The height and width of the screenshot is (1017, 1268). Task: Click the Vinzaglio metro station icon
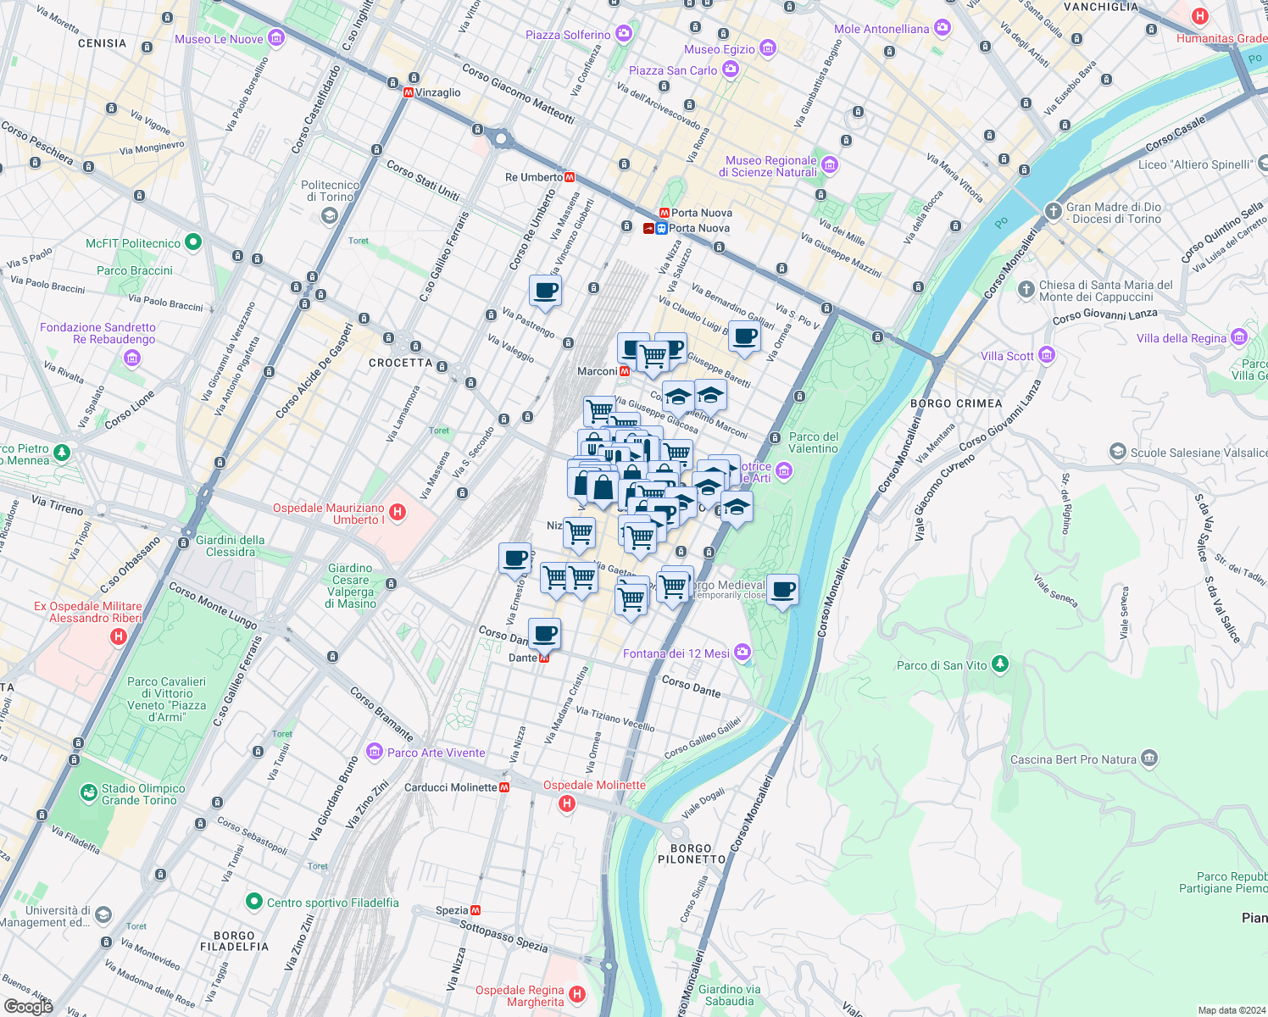pyautogui.click(x=409, y=92)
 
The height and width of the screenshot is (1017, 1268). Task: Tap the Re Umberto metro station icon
pyautogui.click(x=570, y=177)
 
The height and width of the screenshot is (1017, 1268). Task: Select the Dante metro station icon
pyautogui.click(x=544, y=658)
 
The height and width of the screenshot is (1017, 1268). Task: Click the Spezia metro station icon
pyautogui.click(x=475, y=910)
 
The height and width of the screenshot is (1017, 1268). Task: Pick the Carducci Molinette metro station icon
pyautogui.click(x=505, y=787)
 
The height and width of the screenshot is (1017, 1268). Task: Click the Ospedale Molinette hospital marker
pyautogui.click(x=567, y=803)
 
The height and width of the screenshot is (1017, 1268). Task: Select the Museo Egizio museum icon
pyautogui.click(x=767, y=48)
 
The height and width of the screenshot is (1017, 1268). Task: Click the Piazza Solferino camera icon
pyautogui.click(x=624, y=34)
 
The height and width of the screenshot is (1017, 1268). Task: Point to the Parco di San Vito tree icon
pyautogui.click(x=1000, y=664)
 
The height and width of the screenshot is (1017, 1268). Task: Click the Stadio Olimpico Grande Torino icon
pyautogui.click(x=89, y=792)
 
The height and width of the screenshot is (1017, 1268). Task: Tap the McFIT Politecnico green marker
pyautogui.click(x=193, y=242)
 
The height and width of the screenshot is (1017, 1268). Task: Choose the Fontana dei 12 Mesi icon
pyautogui.click(x=742, y=652)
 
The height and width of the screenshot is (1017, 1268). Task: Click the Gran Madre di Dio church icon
pyautogui.click(x=1053, y=212)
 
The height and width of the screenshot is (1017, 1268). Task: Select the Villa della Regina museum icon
pyautogui.click(x=1239, y=337)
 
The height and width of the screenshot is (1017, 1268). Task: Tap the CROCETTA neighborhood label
pyautogui.click(x=400, y=363)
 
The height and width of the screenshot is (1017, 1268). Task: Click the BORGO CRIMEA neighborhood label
pyautogui.click(x=956, y=403)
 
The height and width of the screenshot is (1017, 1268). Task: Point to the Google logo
pyautogui.click(x=29, y=1006)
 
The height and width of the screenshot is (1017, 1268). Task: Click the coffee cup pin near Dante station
pyautogui.click(x=545, y=632)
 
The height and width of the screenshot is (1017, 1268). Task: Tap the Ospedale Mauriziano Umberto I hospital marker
pyautogui.click(x=398, y=513)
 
